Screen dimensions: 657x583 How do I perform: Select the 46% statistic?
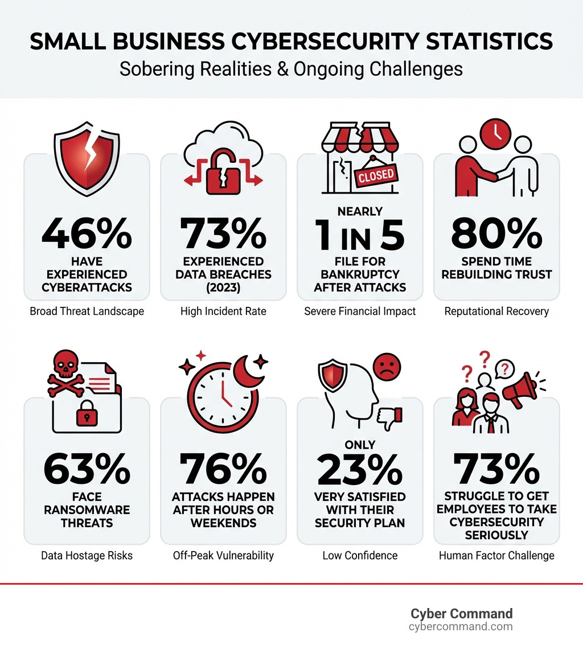(87, 235)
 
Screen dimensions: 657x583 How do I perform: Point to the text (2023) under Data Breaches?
(223, 287)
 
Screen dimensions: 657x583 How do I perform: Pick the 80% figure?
(496, 235)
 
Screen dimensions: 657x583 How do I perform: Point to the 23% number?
(360, 469)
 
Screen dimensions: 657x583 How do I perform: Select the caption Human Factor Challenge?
(496, 556)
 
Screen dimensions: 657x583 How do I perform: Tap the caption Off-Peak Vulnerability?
(223, 556)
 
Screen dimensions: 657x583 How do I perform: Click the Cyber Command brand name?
(461, 613)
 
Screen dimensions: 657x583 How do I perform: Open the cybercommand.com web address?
(461, 627)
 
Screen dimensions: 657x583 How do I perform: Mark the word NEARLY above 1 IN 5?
(360, 211)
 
